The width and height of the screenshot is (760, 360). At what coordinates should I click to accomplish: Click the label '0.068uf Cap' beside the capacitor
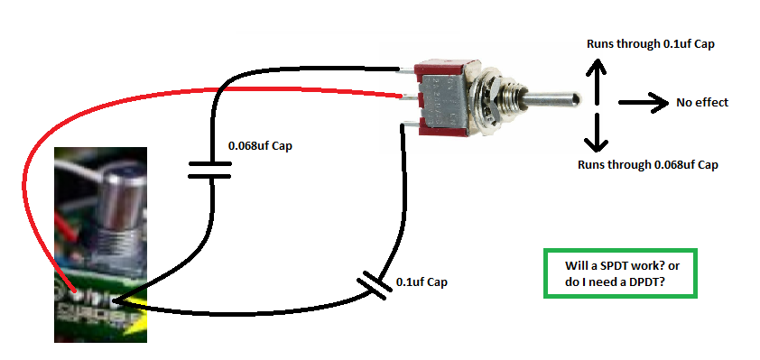click(261, 144)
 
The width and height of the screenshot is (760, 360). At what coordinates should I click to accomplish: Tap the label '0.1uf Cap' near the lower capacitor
click(421, 282)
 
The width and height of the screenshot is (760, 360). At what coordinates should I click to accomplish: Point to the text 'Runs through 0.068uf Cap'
click(647, 164)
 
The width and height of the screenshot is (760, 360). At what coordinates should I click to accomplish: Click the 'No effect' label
click(701, 102)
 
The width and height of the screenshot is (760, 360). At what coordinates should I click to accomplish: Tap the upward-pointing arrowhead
click(594, 68)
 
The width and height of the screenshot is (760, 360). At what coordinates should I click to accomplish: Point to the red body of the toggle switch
click(443, 99)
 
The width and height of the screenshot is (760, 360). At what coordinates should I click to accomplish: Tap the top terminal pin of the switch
click(407, 68)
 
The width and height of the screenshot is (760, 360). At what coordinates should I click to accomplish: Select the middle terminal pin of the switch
click(409, 97)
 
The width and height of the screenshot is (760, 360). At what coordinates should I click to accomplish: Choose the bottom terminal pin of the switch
click(407, 128)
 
